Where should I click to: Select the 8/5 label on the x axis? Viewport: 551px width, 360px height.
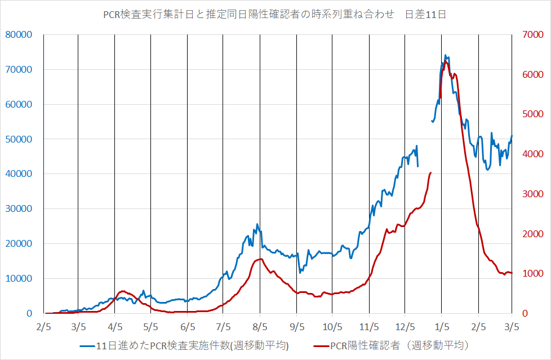click(260, 326)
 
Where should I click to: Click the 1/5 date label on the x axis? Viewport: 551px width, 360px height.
click(442, 326)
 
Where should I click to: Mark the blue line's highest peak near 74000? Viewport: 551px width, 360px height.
click(445, 56)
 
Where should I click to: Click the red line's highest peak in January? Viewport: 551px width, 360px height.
click(446, 61)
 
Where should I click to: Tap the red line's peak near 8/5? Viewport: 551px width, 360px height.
click(260, 259)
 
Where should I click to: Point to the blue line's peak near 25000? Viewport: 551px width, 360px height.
click(257, 224)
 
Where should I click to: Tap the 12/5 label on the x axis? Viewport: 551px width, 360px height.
click(405, 326)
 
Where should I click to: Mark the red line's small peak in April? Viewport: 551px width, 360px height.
click(124, 291)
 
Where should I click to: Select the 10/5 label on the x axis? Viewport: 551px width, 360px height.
click(332, 326)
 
